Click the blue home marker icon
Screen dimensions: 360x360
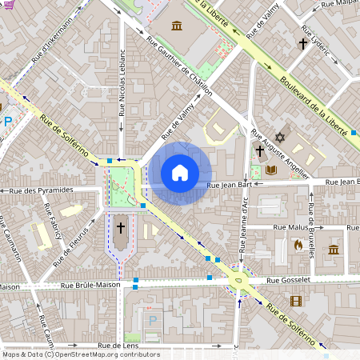[x=180, y=173]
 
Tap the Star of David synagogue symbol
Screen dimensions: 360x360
[x=280, y=138]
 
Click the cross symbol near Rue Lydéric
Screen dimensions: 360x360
[x=303, y=44]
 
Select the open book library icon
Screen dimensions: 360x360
[x=271, y=170]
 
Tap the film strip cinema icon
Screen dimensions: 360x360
[x=297, y=301]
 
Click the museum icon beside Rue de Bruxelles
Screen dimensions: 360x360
[x=334, y=250]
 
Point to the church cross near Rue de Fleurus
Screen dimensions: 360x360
[x=121, y=228]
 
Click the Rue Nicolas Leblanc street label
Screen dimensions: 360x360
[x=122, y=88]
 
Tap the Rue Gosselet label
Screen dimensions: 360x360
[x=290, y=280]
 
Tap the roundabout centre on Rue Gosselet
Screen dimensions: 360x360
[x=238, y=280]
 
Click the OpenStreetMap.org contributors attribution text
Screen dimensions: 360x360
[x=105, y=354]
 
